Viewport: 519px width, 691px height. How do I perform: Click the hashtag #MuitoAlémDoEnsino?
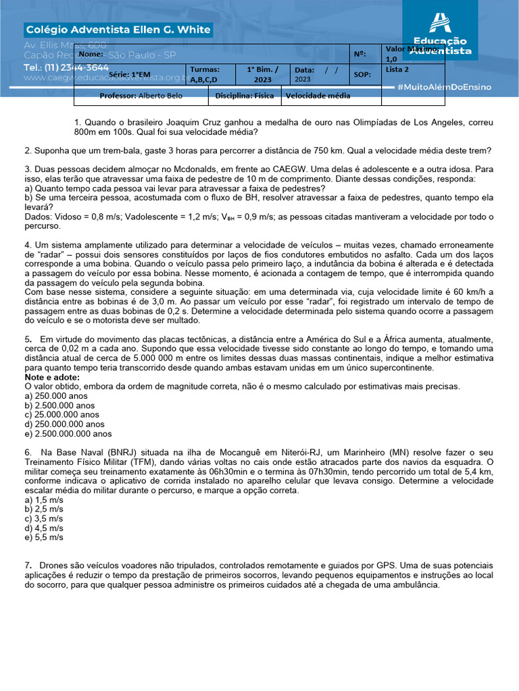click(444, 87)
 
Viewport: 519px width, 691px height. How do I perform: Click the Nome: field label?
click(91, 54)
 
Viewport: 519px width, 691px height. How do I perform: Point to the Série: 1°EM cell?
click(130, 75)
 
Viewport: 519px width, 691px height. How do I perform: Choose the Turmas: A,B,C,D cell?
click(204, 75)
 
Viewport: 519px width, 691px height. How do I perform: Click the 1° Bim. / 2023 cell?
click(262, 75)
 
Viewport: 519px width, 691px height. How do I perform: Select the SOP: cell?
click(362, 75)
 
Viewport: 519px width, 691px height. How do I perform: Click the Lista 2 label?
click(397, 70)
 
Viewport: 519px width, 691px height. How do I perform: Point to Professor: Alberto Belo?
click(141, 96)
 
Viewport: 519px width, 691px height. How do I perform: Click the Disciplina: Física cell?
click(245, 96)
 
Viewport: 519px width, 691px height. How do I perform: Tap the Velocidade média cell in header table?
click(318, 96)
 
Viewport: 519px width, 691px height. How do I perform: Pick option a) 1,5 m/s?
click(44, 499)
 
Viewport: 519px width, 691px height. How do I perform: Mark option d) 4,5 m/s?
click(44, 528)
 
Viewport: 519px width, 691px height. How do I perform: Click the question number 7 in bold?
click(28, 565)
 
